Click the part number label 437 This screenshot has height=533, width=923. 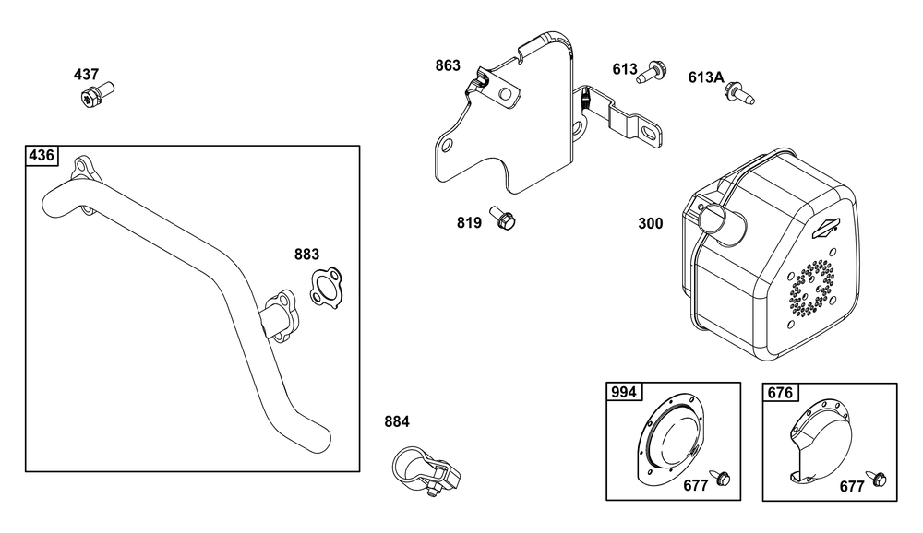pyautogui.click(x=86, y=75)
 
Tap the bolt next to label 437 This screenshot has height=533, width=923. pyautogui.click(x=97, y=95)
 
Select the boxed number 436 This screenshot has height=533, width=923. pyautogui.click(x=42, y=155)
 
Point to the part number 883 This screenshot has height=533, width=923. pyautogui.click(x=306, y=255)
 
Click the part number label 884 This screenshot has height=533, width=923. pyautogui.click(x=397, y=421)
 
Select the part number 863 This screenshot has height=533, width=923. pyautogui.click(x=448, y=65)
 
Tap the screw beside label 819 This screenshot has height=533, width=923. pyautogui.click(x=502, y=218)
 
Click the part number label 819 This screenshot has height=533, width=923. pyautogui.click(x=469, y=223)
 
